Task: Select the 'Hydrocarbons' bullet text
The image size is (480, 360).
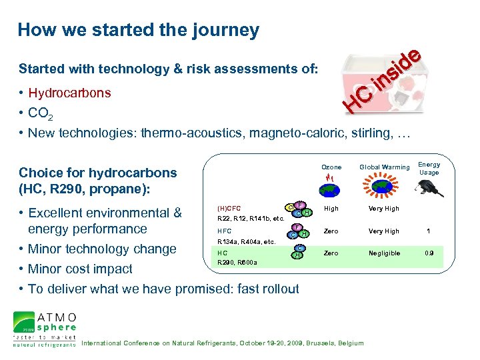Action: coord(69,93)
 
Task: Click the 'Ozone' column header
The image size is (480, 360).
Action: coord(331,167)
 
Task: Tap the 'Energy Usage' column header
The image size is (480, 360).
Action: coord(429,169)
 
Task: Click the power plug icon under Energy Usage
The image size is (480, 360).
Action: coord(428,189)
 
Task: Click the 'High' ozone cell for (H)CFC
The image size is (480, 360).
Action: coord(331,209)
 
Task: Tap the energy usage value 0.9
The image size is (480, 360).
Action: coord(429,253)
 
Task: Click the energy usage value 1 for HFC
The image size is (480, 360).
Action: coord(429,231)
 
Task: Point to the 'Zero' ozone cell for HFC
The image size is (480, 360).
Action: coord(331,231)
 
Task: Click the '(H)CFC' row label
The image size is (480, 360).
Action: coord(229,208)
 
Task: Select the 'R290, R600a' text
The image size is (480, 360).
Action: coord(237,263)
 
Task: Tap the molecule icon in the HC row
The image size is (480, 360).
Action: coord(299,252)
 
